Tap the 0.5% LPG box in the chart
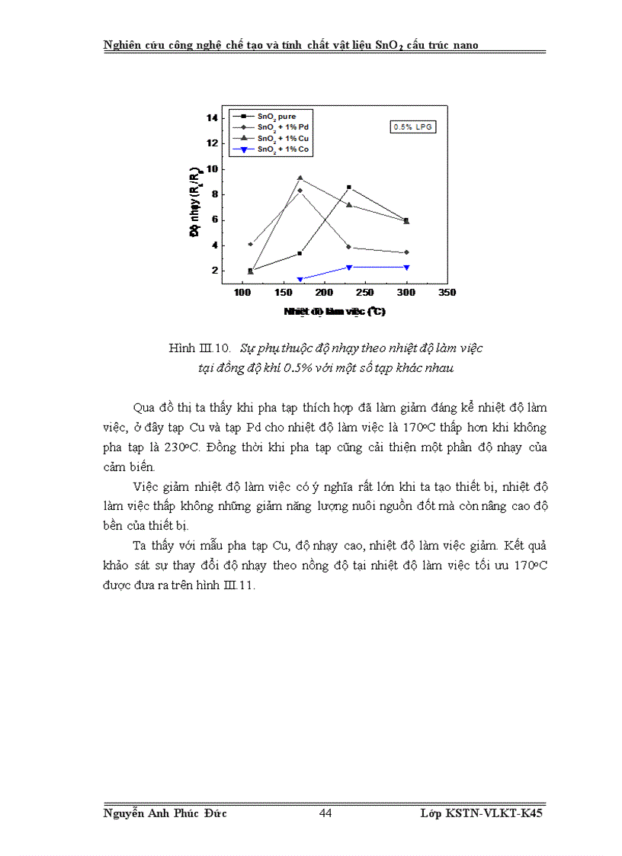[413, 127]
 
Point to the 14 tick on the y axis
[212, 117]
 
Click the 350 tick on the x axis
[447, 293]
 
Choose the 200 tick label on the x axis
[325, 293]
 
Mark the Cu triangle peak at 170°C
[300, 178]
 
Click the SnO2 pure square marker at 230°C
[349, 187]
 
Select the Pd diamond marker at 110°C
[250, 244]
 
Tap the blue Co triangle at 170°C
[300, 279]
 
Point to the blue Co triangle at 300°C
[406, 267]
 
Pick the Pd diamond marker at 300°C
[406, 252]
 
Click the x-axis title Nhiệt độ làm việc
[335, 311]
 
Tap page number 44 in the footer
[325, 813]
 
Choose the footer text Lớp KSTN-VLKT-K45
[481, 813]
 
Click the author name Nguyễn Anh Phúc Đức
[165, 813]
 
